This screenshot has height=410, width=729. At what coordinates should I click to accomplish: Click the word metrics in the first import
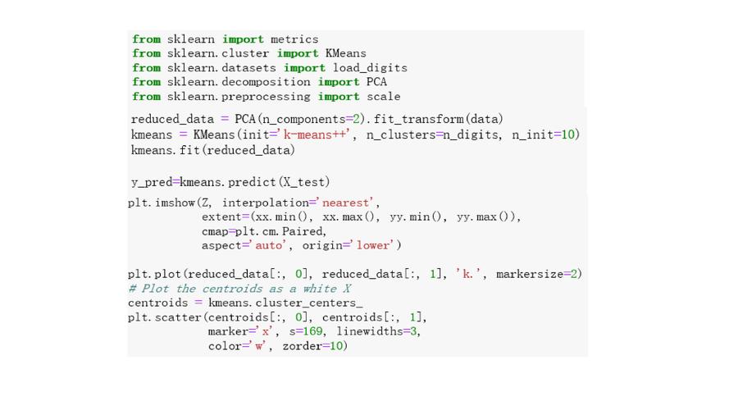294,39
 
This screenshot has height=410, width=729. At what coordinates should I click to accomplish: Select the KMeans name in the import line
345,53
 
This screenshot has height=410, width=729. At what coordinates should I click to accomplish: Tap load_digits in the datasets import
370,68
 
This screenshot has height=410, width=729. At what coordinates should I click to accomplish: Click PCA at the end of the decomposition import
376,82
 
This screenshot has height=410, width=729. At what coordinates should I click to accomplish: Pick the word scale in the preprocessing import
383,96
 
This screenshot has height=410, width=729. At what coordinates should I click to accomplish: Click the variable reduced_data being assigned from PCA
172,120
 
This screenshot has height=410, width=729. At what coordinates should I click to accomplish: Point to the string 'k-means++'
317,134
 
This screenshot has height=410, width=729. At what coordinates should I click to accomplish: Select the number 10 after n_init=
567,134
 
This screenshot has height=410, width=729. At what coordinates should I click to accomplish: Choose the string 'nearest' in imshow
345,203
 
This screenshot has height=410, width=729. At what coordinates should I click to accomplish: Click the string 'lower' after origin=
372,245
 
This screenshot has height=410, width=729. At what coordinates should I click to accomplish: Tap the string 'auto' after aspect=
268,245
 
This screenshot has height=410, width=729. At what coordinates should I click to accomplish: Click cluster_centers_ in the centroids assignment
308,303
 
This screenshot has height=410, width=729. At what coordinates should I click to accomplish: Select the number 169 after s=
312,331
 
